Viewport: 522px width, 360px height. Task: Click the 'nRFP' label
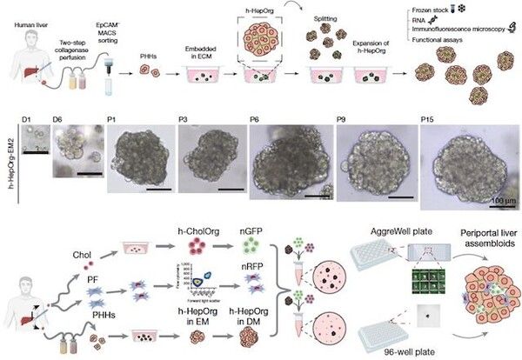[x=265, y=277]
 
